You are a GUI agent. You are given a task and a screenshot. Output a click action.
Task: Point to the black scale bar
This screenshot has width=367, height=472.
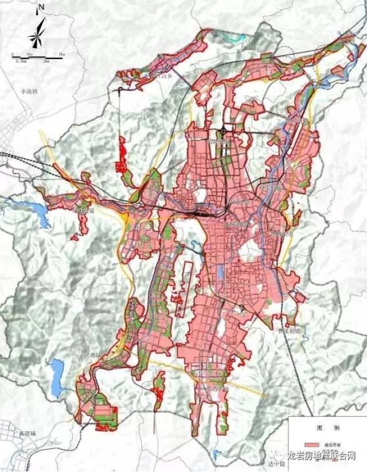(x=38, y=56)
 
